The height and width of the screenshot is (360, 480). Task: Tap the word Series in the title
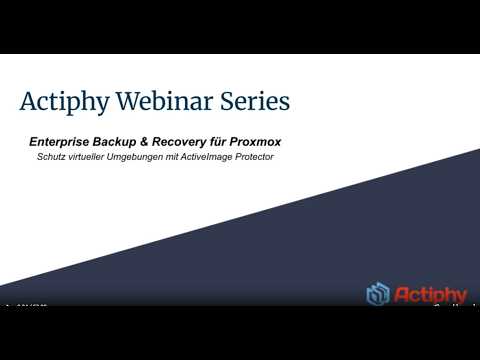tap(251, 101)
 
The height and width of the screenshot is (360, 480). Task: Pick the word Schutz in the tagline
tap(52, 158)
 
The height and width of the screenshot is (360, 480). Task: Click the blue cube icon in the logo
tap(378, 295)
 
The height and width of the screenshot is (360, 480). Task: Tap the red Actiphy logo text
tap(431, 295)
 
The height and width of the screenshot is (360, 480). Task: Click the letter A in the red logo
tap(402, 295)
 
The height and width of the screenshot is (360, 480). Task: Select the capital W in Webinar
tap(125, 101)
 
